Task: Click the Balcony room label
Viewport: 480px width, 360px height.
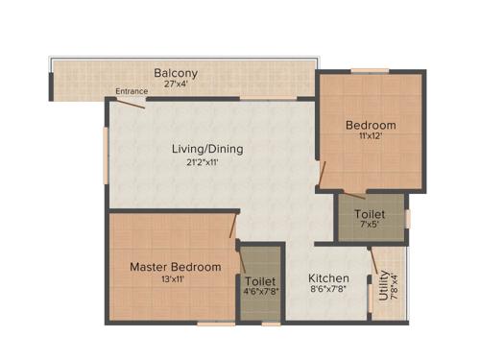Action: [x=176, y=73]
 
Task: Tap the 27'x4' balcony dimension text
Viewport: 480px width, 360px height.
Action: [x=176, y=84]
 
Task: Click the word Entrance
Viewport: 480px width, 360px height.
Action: [x=132, y=92]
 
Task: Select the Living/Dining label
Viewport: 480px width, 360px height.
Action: [x=206, y=149]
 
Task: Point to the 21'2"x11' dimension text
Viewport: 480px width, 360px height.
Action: [x=206, y=162]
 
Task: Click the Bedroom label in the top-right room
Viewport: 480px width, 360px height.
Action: [x=371, y=126]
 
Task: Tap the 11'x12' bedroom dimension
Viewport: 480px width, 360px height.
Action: [x=371, y=137]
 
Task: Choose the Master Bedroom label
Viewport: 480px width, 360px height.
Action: [x=176, y=266]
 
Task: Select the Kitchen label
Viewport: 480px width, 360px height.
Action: [x=327, y=279]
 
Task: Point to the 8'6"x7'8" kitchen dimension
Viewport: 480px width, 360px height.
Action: [x=327, y=292]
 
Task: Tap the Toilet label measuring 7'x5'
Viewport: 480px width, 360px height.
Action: [x=371, y=214]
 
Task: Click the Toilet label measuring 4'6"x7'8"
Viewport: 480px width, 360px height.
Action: [x=261, y=281]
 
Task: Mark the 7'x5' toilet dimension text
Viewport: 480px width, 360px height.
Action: [x=371, y=226]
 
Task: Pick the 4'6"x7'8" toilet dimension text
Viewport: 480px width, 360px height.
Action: [x=261, y=294]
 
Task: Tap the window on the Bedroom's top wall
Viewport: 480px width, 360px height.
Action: [x=370, y=71]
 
